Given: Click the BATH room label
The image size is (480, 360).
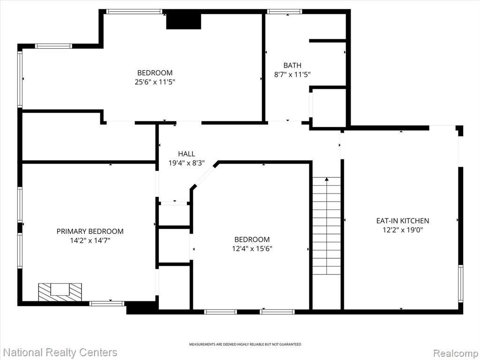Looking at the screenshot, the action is (292, 65).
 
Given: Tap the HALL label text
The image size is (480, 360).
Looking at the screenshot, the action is (187, 154).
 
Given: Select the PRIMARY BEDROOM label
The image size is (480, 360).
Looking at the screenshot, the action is (90, 231).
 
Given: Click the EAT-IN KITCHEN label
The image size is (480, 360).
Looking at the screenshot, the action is (403, 220).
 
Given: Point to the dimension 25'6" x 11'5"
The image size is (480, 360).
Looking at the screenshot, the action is (155, 82).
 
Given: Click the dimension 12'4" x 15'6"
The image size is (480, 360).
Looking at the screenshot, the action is (252, 248).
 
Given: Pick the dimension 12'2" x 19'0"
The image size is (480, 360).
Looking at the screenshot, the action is (403, 230).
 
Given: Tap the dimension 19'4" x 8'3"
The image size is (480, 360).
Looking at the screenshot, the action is (187, 163).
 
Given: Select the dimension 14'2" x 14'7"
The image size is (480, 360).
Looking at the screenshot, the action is (90, 240).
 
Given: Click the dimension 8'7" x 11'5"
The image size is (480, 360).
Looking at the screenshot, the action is (292, 74).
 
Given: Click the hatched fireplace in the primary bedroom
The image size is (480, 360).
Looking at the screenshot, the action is (60, 292).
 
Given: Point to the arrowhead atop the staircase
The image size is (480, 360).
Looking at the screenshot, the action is (327, 179).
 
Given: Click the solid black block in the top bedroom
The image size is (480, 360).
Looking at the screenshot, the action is (184, 22).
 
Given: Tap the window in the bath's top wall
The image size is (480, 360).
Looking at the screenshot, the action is (285, 12).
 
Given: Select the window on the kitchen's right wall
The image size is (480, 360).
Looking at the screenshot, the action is (460, 284).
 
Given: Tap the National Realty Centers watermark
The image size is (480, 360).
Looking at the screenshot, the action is (60, 352).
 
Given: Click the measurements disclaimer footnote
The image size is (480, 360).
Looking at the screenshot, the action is (245, 345).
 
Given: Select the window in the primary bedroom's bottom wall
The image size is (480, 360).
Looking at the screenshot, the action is (107, 303).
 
